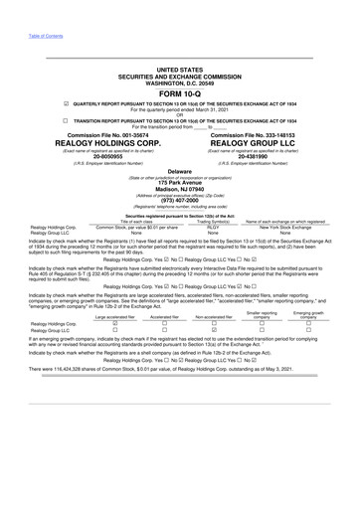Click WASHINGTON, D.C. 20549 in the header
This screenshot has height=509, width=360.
click(x=179, y=83)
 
